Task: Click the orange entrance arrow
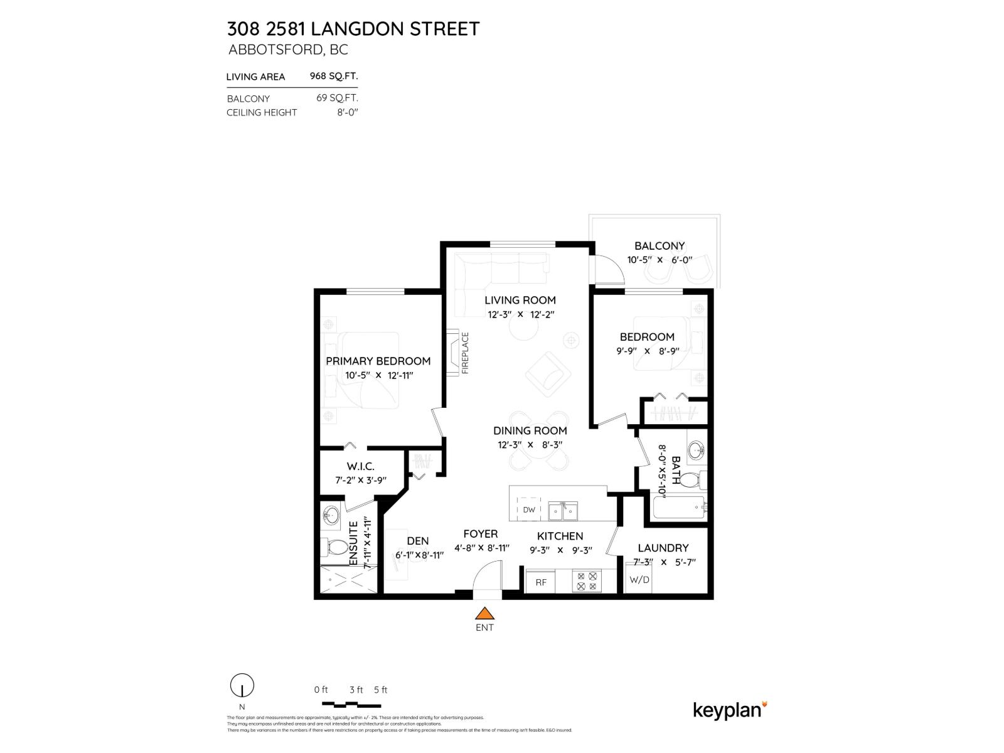tap(484, 613)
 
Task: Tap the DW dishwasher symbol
tap(529, 510)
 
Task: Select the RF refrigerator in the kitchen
tap(541, 582)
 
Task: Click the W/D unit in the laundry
tap(639, 579)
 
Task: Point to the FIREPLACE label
tap(465, 353)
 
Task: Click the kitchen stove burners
tap(587, 581)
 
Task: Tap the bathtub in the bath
tap(679, 508)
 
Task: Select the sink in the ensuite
tap(331, 516)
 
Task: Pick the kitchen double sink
tap(563, 511)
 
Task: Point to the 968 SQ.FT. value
tap(334, 76)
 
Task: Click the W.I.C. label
tap(360, 466)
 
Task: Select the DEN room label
tap(418, 541)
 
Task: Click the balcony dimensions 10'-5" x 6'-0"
tap(659, 259)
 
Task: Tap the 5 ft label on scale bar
tap(380, 690)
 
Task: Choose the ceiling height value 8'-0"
tap(347, 112)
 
